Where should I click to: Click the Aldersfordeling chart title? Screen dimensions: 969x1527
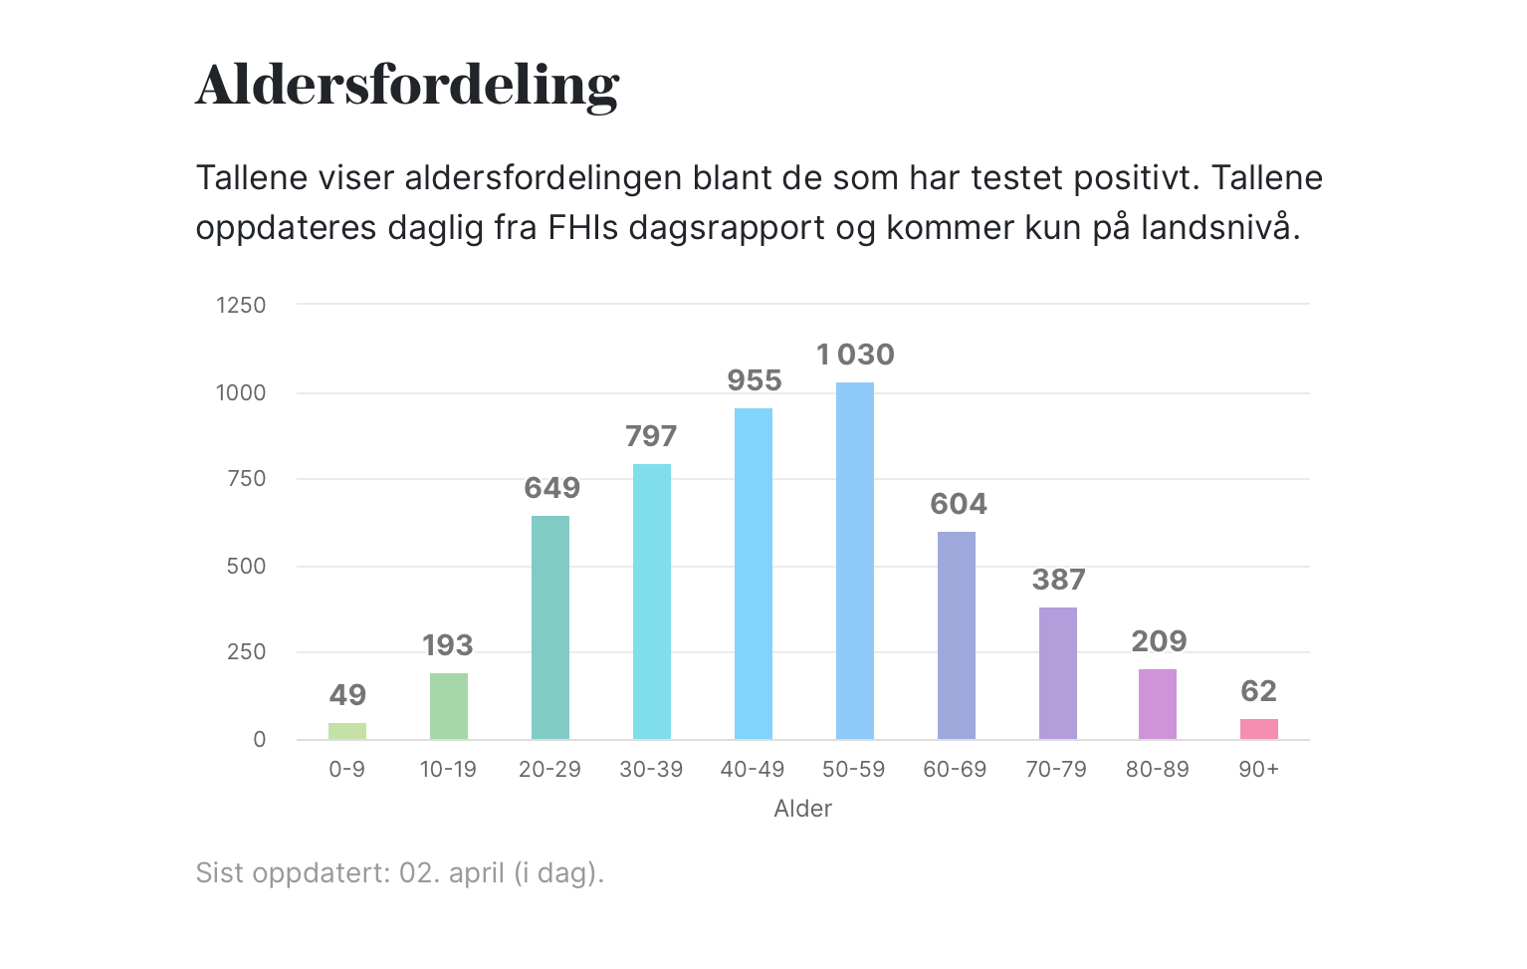(x=407, y=85)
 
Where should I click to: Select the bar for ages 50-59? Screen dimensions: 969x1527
(x=855, y=561)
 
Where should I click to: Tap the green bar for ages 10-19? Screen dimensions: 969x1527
(x=449, y=706)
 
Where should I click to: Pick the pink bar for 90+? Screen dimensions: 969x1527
(x=1259, y=729)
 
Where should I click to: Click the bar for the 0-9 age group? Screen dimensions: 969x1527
(x=347, y=731)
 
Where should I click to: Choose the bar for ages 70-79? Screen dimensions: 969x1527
(x=1058, y=673)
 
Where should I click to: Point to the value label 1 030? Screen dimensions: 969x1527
(x=855, y=355)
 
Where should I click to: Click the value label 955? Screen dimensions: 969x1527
(x=755, y=380)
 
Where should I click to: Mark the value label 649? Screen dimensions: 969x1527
(x=551, y=488)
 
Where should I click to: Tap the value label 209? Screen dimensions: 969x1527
(x=1159, y=641)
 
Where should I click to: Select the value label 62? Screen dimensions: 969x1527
(x=1259, y=691)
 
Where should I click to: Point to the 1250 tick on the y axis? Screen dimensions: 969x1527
(x=241, y=306)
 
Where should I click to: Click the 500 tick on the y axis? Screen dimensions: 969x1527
(x=247, y=567)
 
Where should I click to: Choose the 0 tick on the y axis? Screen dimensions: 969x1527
(x=260, y=740)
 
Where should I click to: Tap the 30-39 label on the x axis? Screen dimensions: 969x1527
(x=651, y=770)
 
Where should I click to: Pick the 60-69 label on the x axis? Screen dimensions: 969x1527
(x=955, y=770)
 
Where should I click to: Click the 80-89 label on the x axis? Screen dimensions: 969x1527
(x=1158, y=770)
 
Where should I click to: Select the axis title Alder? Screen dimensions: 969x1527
(x=802, y=809)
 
